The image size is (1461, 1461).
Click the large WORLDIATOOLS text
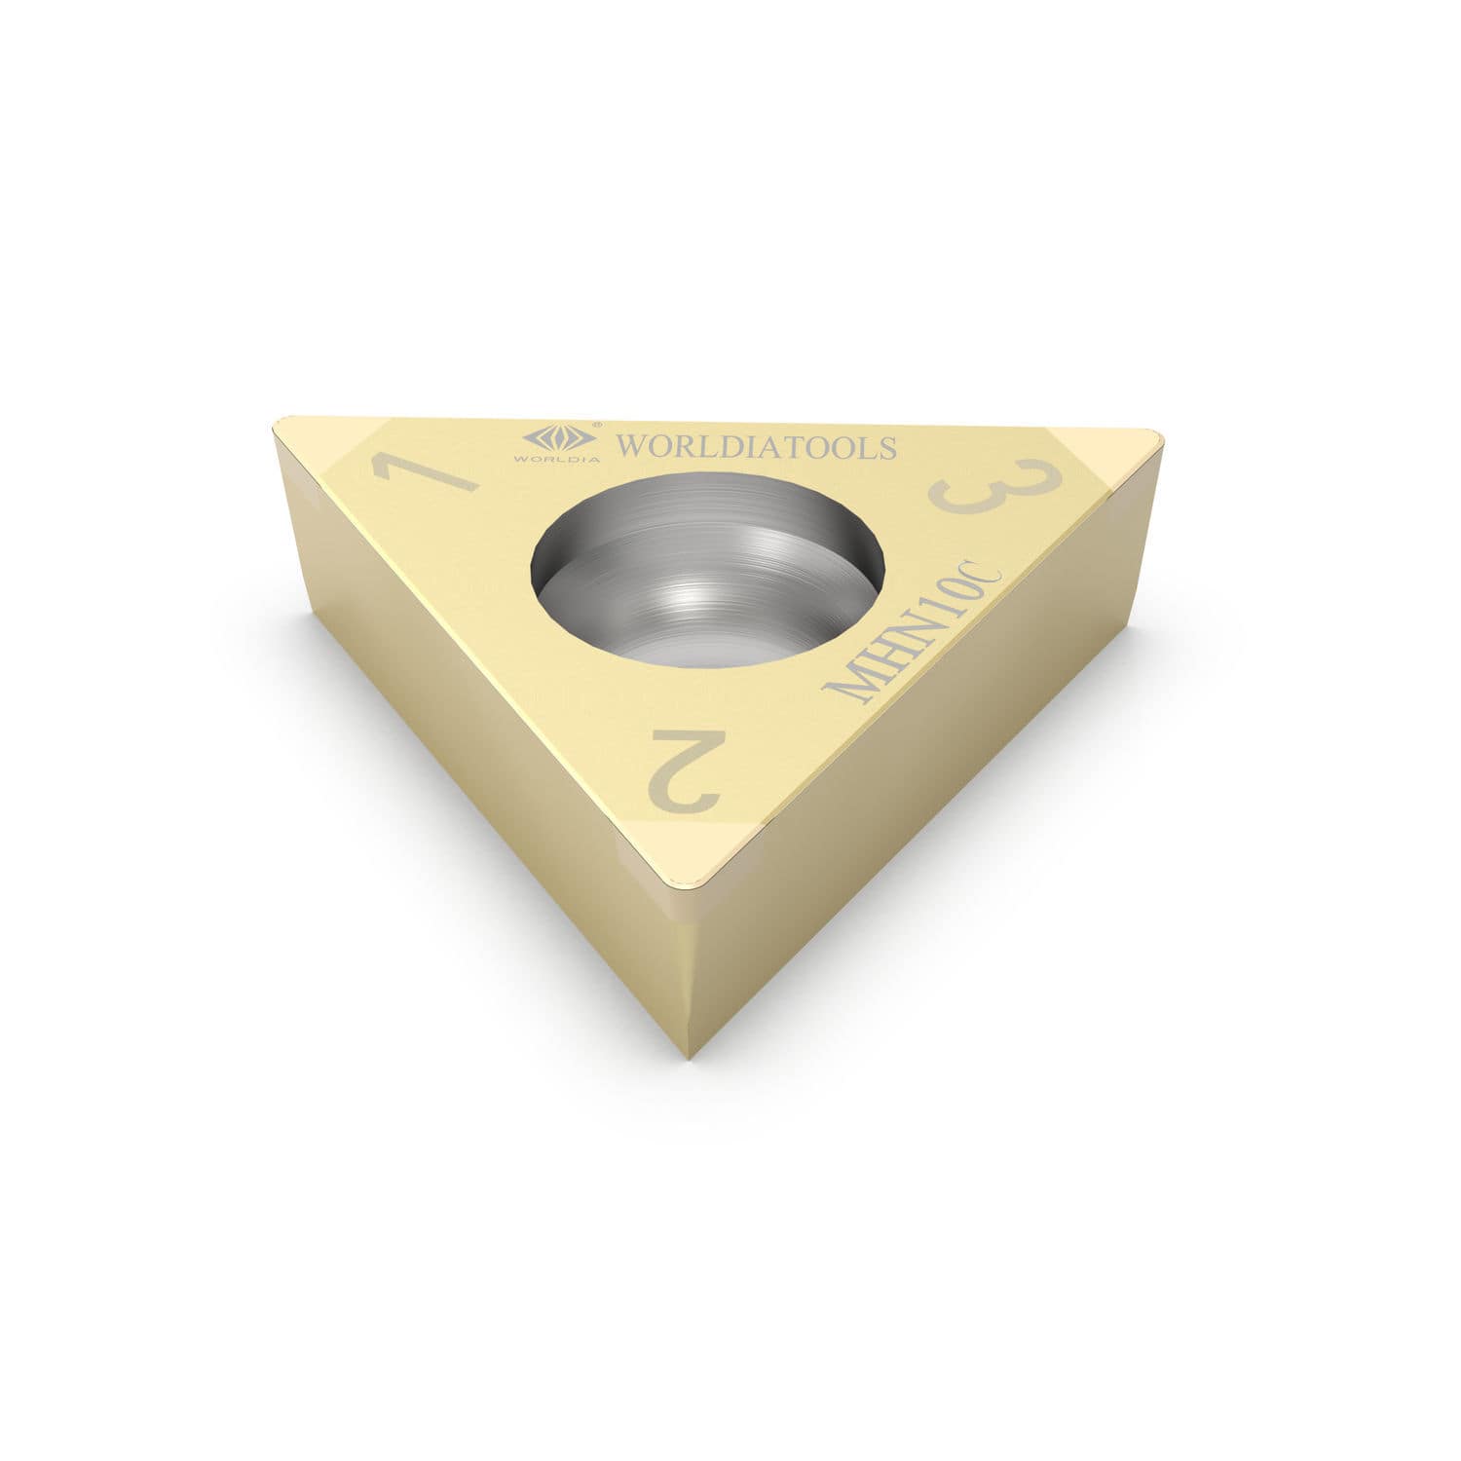click(x=757, y=447)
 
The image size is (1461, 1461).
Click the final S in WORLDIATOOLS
click(x=885, y=447)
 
